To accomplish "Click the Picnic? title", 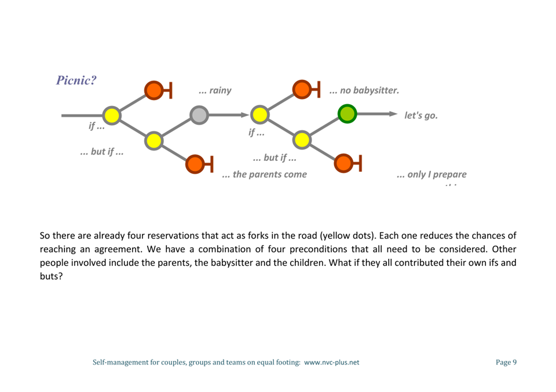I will pos(76,80).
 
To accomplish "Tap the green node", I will pos(347,113).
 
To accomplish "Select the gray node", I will pos(199,115).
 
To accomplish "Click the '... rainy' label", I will pos(215,90).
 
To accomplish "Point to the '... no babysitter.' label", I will pos(364,90).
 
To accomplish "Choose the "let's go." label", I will pos(421,115).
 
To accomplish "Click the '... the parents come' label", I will pos(265,174).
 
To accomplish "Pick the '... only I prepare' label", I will pos(431,174).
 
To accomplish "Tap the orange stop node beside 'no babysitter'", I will pos(302,90).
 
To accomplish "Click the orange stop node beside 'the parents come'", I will pos(195,164).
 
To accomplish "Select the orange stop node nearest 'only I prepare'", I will pos(343,163).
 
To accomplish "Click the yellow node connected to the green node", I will pos(301,140).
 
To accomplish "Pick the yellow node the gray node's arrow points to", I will pos(259,115).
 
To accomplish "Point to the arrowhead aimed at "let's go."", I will pos(394,113).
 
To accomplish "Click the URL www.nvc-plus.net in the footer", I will pos(332,362).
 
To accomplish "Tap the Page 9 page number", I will pos(506,362).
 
